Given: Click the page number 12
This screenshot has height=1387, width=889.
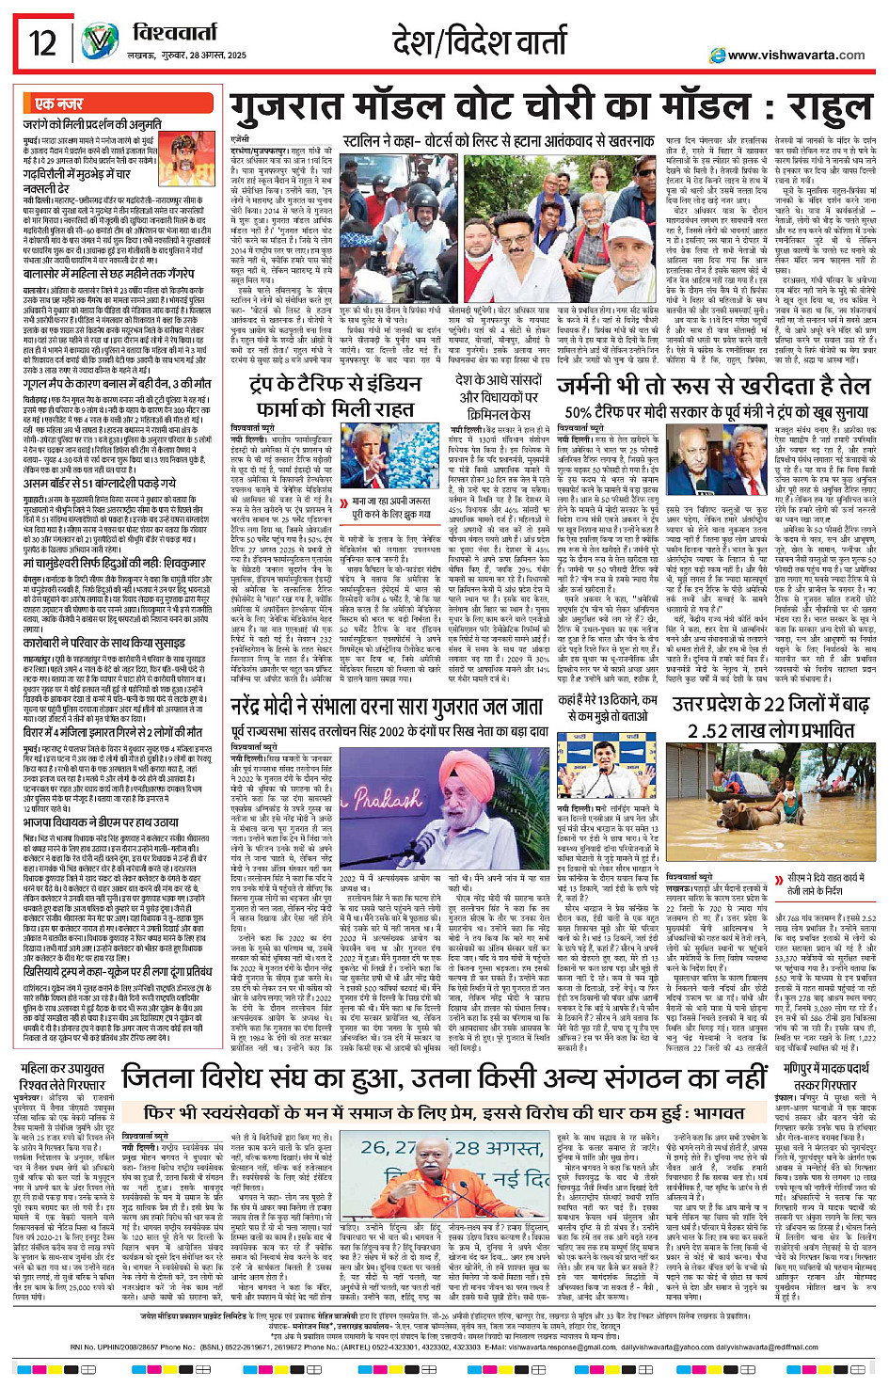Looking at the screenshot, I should tap(42, 43).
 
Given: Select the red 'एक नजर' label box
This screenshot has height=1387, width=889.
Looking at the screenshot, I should tap(58, 104).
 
